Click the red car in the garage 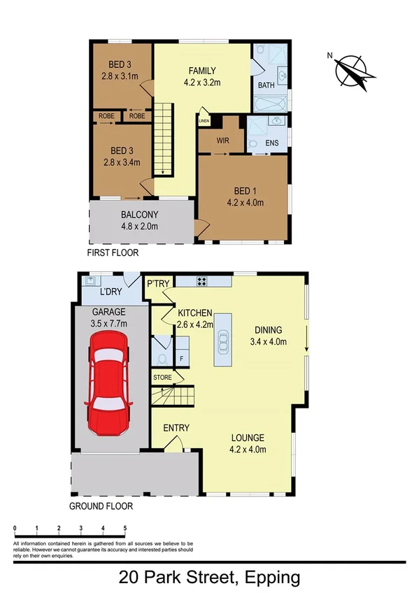tap(106, 383)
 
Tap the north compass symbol tap(354, 72)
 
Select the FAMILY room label tap(201, 71)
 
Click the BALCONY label tap(139, 215)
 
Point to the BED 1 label tap(244, 191)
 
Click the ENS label tap(272, 144)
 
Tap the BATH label tap(267, 85)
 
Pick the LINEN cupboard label tap(204, 121)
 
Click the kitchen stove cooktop tap(201, 282)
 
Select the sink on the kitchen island tap(223, 341)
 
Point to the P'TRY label tap(155, 284)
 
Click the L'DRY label tap(112, 292)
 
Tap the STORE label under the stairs tap(163, 378)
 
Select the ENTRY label tap(176, 428)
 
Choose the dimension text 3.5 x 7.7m tap(108, 324)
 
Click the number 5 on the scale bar tap(125, 527)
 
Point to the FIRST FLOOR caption tap(113, 252)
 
